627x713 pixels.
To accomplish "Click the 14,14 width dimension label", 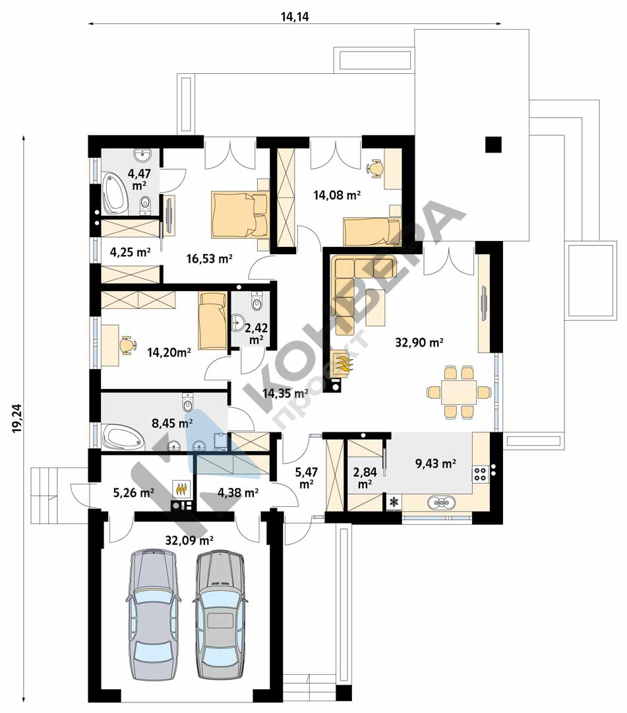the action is click(295, 17).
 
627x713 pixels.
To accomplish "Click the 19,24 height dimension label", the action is click(17, 419).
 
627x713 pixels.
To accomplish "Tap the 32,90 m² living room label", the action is click(419, 343).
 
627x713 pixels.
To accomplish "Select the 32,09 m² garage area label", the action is click(189, 541).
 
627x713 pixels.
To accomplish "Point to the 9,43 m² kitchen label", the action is click(435, 463).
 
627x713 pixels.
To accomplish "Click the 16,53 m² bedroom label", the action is click(209, 259).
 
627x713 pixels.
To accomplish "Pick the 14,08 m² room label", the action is click(337, 195).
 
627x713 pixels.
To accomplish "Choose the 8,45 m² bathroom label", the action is click(171, 424).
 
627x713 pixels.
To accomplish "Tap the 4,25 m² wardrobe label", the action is click(131, 252).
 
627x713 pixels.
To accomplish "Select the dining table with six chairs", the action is click(459, 392).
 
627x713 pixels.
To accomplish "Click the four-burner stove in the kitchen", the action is click(480, 474).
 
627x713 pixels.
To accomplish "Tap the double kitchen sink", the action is click(442, 502).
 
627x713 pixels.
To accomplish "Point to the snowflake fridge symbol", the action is click(394, 502).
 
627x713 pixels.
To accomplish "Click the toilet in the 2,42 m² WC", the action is click(257, 301).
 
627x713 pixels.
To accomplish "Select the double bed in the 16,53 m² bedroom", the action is click(240, 214).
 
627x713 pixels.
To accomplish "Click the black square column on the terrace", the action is click(494, 144).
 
